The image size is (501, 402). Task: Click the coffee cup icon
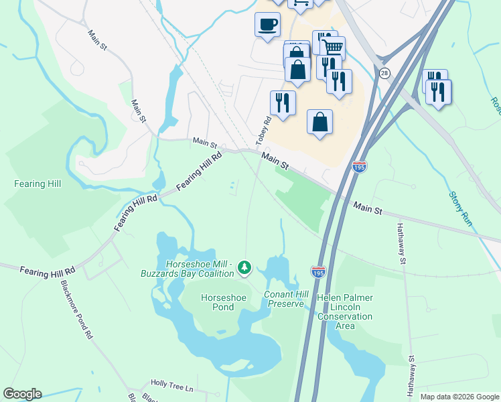267,25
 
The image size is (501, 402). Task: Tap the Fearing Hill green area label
38,184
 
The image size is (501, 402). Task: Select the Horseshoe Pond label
218,302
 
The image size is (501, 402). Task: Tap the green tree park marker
245,268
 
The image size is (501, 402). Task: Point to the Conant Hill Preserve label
287,299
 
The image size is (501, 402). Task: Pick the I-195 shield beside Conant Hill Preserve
319,271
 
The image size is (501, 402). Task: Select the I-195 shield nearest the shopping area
360,166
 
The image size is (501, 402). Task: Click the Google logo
21,394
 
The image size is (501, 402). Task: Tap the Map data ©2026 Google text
459,397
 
